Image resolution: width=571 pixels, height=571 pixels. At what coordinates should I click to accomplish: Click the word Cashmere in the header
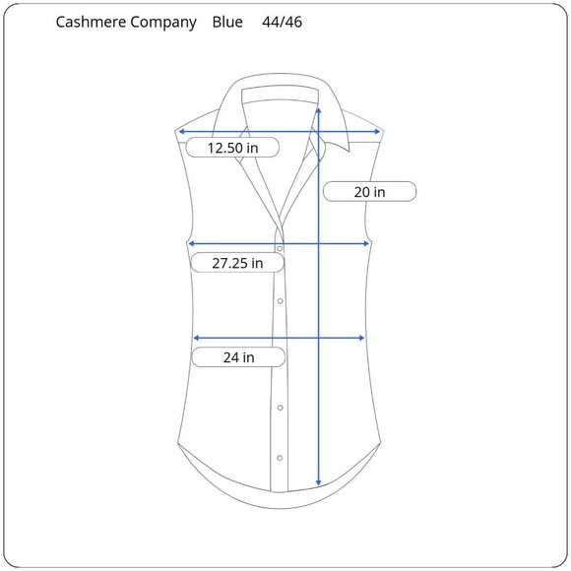tap(92, 22)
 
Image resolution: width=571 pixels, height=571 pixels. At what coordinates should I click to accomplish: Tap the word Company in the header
tap(163, 23)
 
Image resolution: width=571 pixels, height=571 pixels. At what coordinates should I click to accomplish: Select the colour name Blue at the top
tap(227, 22)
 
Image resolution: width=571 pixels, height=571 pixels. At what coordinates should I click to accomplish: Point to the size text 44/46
tap(282, 22)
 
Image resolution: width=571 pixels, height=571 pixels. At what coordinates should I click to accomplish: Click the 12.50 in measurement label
tap(232, 148)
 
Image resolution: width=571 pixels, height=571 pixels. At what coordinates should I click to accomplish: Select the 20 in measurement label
tap(369, 192)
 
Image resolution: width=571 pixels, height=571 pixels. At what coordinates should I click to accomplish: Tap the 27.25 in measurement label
tap(237, 263)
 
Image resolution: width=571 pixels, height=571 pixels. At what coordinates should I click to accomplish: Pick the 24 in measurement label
tap(238, 357)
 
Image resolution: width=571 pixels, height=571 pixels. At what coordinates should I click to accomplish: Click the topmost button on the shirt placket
tap(280, 249)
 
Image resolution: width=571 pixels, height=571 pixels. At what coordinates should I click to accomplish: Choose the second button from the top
tap(280, 301)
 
